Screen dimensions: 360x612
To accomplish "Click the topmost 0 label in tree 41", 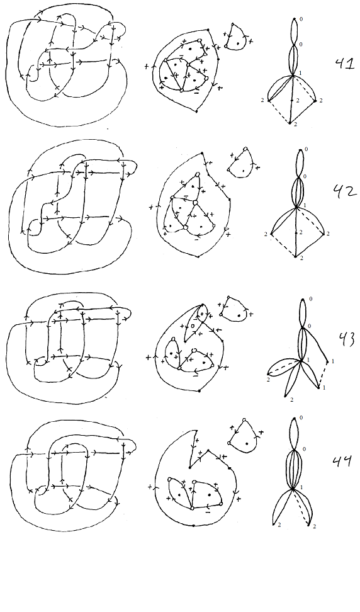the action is (x=301, y=19).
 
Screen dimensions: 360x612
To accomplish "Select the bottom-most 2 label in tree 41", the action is (x=295, y=124).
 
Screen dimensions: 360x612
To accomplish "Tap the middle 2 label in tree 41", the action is (x=297, y=101).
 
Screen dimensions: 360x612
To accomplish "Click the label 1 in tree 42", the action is (x=304, y=205).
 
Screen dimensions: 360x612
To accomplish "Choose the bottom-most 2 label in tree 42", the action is (x=301, y=258).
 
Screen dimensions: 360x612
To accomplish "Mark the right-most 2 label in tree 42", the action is (x=328, y=234).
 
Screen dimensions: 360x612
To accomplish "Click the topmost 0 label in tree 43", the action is (x=310, y=299).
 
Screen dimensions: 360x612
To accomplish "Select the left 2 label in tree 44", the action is (x=279, y=525).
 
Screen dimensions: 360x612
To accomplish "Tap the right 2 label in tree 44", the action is (x=313, y=526).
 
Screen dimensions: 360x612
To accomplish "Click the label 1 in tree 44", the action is (x=301, y=487).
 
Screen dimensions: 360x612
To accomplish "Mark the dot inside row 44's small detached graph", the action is (x=247, y=443).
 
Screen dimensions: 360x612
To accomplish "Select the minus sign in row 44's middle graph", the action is (x=208, y=512).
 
